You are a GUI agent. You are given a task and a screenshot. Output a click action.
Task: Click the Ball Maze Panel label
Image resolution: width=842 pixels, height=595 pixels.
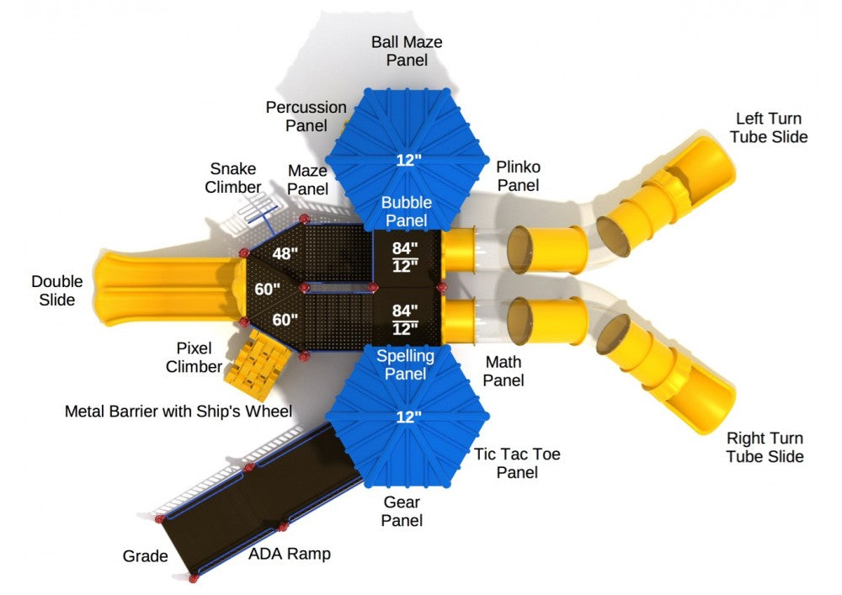pyautogui.click(x=408, y=50)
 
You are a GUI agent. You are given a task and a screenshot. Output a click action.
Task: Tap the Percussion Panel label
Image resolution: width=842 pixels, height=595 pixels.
pyautogui.click(x=306, y=116)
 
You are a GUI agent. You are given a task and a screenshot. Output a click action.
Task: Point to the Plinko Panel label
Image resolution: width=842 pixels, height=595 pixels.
pyautogui.click(x=517, y=175)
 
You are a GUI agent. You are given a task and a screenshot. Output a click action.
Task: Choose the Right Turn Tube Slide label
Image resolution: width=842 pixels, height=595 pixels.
pyautogui.click(x=765, y=448)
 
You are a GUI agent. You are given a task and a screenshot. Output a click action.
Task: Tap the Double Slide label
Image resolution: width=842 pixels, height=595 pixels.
pyautogui.click(x=53, y=290)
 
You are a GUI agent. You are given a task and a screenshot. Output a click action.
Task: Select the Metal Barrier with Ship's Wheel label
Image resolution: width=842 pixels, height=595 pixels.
pyautogui.click(x=179, y=412)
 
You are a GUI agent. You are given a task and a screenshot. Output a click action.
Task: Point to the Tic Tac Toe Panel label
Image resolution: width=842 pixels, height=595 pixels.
pyautogui.click(x=516, y=463)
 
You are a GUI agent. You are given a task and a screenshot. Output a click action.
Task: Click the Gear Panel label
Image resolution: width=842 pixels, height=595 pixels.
pyautogui.click(x=402, y=512)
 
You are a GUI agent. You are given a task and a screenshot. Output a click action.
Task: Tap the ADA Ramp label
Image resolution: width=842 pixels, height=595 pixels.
pyautogui.click(x=289, y=554)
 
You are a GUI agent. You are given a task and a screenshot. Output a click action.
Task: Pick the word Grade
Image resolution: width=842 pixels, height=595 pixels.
pyautogui.click(x=145, y=556)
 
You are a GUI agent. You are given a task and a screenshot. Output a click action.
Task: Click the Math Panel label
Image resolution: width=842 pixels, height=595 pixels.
pyautogui.click(x=504, y=371)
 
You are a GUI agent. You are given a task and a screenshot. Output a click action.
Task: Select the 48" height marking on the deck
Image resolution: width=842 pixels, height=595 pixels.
pyautogui.click(x=284, y=252)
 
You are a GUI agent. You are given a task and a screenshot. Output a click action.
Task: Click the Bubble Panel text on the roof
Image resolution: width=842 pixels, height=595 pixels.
pyautogui.click(x=407, y=211)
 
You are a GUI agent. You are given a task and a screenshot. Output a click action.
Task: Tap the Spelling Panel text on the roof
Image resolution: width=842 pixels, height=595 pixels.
pyautogui.click(x=405, y=364)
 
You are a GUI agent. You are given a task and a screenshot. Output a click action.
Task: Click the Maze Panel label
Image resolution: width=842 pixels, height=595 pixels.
pyautogui.click(x=307, y=178)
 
